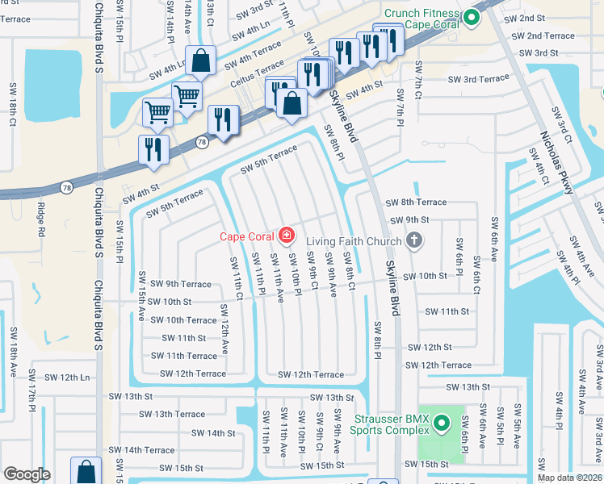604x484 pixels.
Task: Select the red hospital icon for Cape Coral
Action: (285, 236)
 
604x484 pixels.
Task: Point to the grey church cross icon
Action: (414, 240)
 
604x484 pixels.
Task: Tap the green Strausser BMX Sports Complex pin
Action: (441, 423)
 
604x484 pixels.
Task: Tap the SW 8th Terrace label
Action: (416, 202)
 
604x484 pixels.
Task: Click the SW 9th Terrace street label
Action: (178, 284)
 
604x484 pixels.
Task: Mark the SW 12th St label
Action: (430, 347)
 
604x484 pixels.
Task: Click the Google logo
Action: (27, 474)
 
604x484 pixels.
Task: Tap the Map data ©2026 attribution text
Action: (569, 478)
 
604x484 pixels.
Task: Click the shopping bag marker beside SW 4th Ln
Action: (202, 59)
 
